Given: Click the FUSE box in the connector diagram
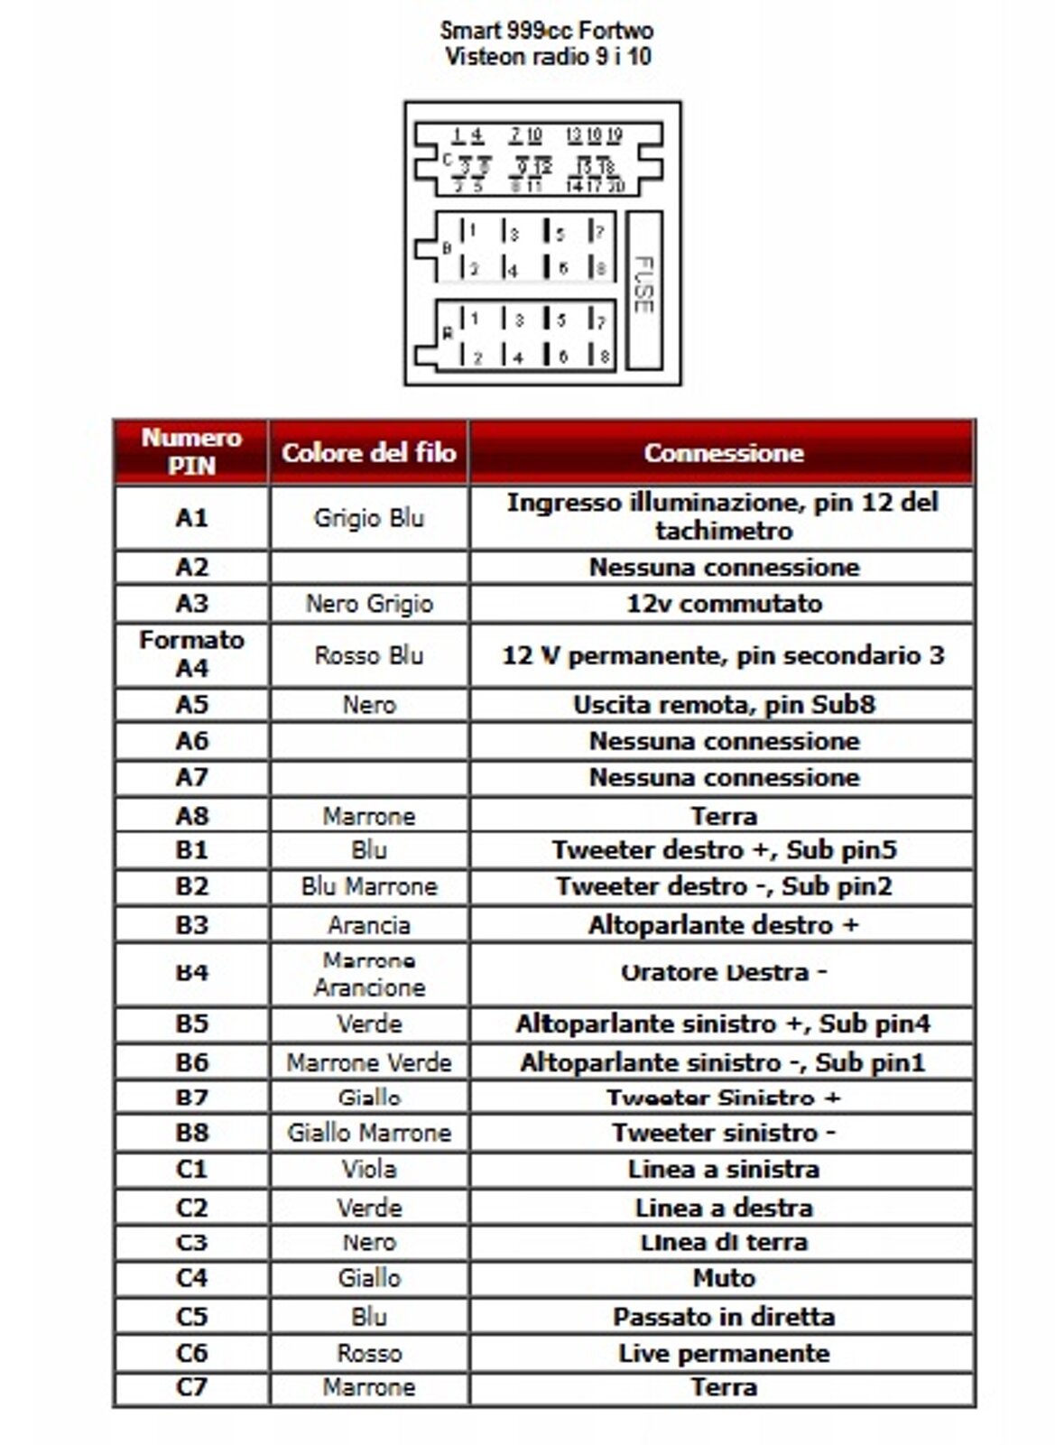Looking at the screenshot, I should click(643, 290).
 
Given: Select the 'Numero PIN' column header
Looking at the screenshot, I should click(191, 451).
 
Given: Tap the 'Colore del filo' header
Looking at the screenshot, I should click(368, 452).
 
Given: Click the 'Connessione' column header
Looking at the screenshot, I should click(723, 452).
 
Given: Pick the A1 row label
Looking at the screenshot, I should click(191, 517).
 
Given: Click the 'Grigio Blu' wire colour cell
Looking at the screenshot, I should click(368, 518).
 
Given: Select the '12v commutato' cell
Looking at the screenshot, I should click(724, 603).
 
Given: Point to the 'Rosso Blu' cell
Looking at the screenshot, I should click(368, 655).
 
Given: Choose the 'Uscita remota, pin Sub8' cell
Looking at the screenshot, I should click(724, 704).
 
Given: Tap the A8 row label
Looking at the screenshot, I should click(191, 815).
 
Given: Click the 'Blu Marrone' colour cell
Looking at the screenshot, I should click(368, 886).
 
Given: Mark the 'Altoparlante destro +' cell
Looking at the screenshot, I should click(724, 925).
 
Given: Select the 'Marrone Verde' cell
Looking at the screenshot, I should click(368, 1062).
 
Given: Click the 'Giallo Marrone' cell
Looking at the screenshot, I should click(368, 1132).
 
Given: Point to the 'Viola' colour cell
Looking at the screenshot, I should click(368, 1169).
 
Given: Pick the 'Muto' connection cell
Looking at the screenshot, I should click(724, 1278).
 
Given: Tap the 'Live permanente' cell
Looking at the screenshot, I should click(724, 1353).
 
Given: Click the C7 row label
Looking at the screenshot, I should click(191, 1386).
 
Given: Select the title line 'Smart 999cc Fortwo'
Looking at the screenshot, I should click(547, 30).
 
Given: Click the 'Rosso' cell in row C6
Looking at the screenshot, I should click(368, 1353).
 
